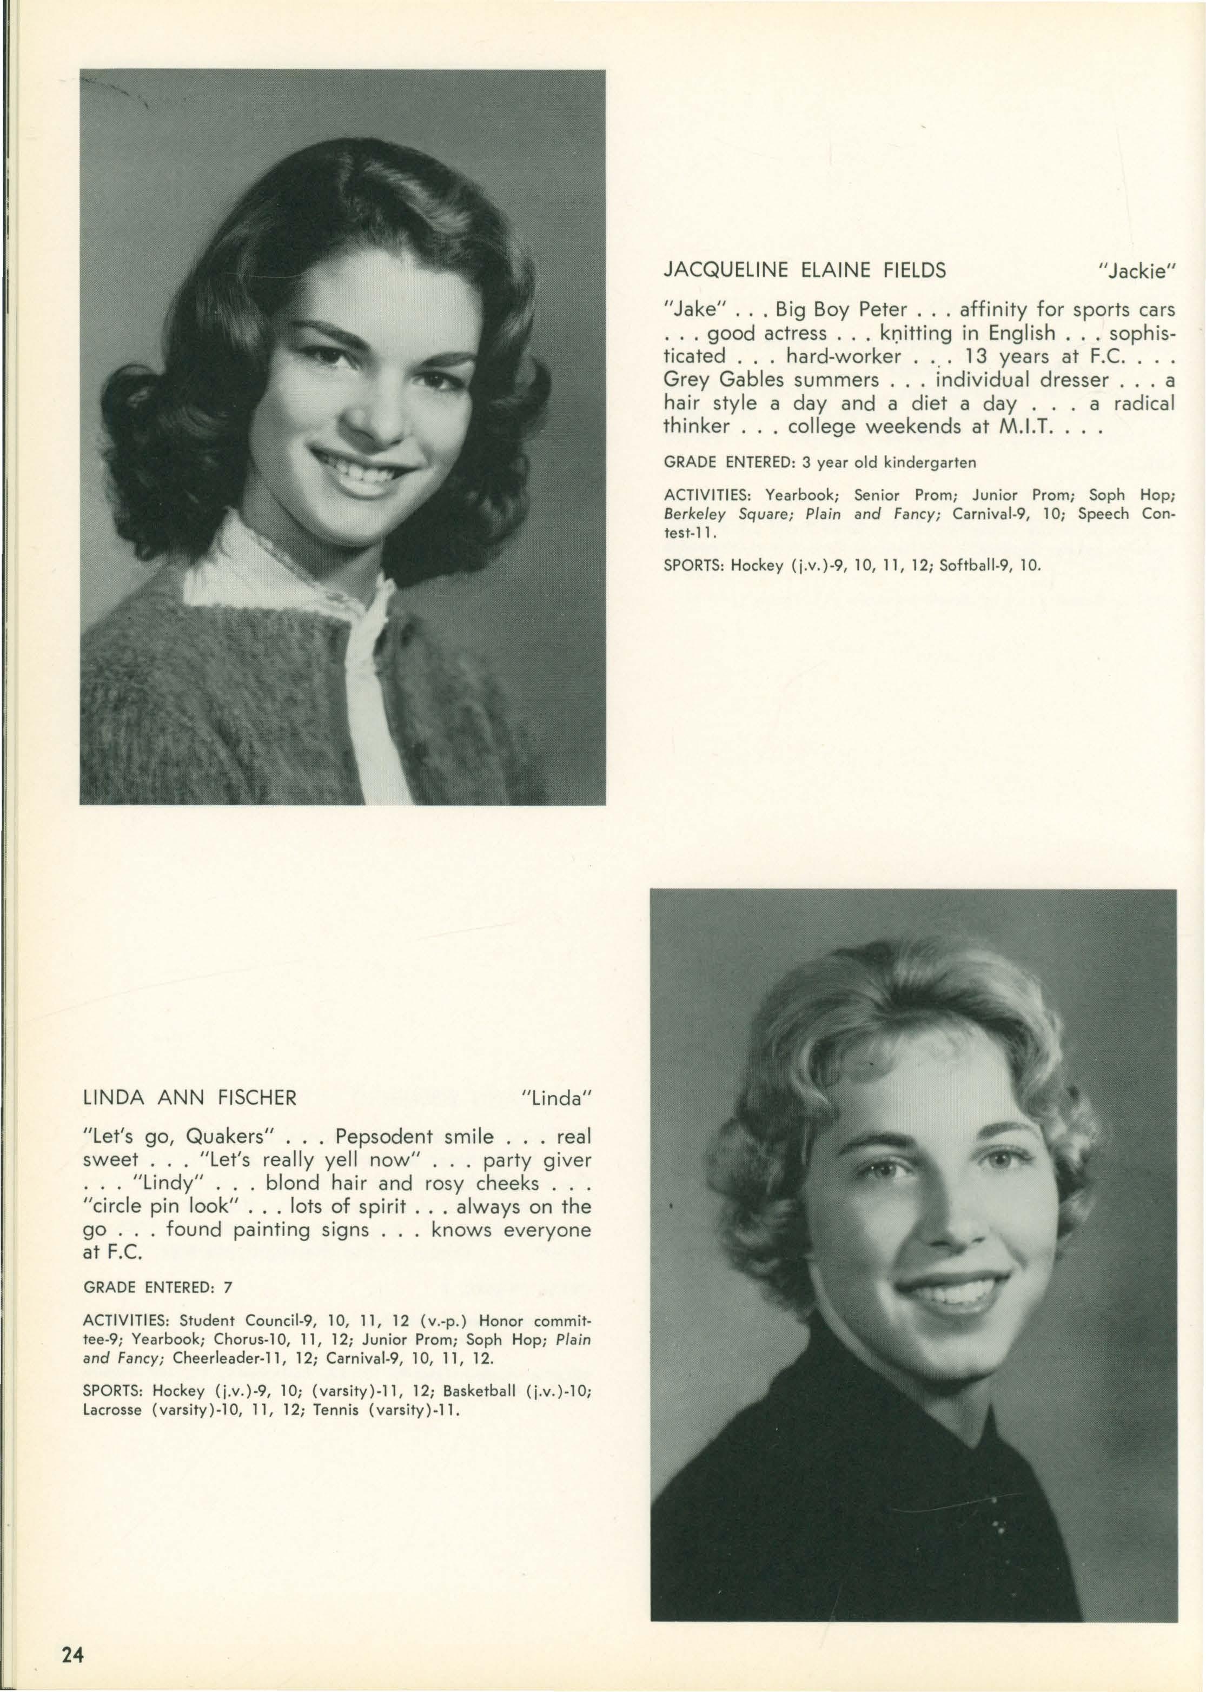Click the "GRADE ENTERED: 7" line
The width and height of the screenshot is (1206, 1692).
pos(158,1288)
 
